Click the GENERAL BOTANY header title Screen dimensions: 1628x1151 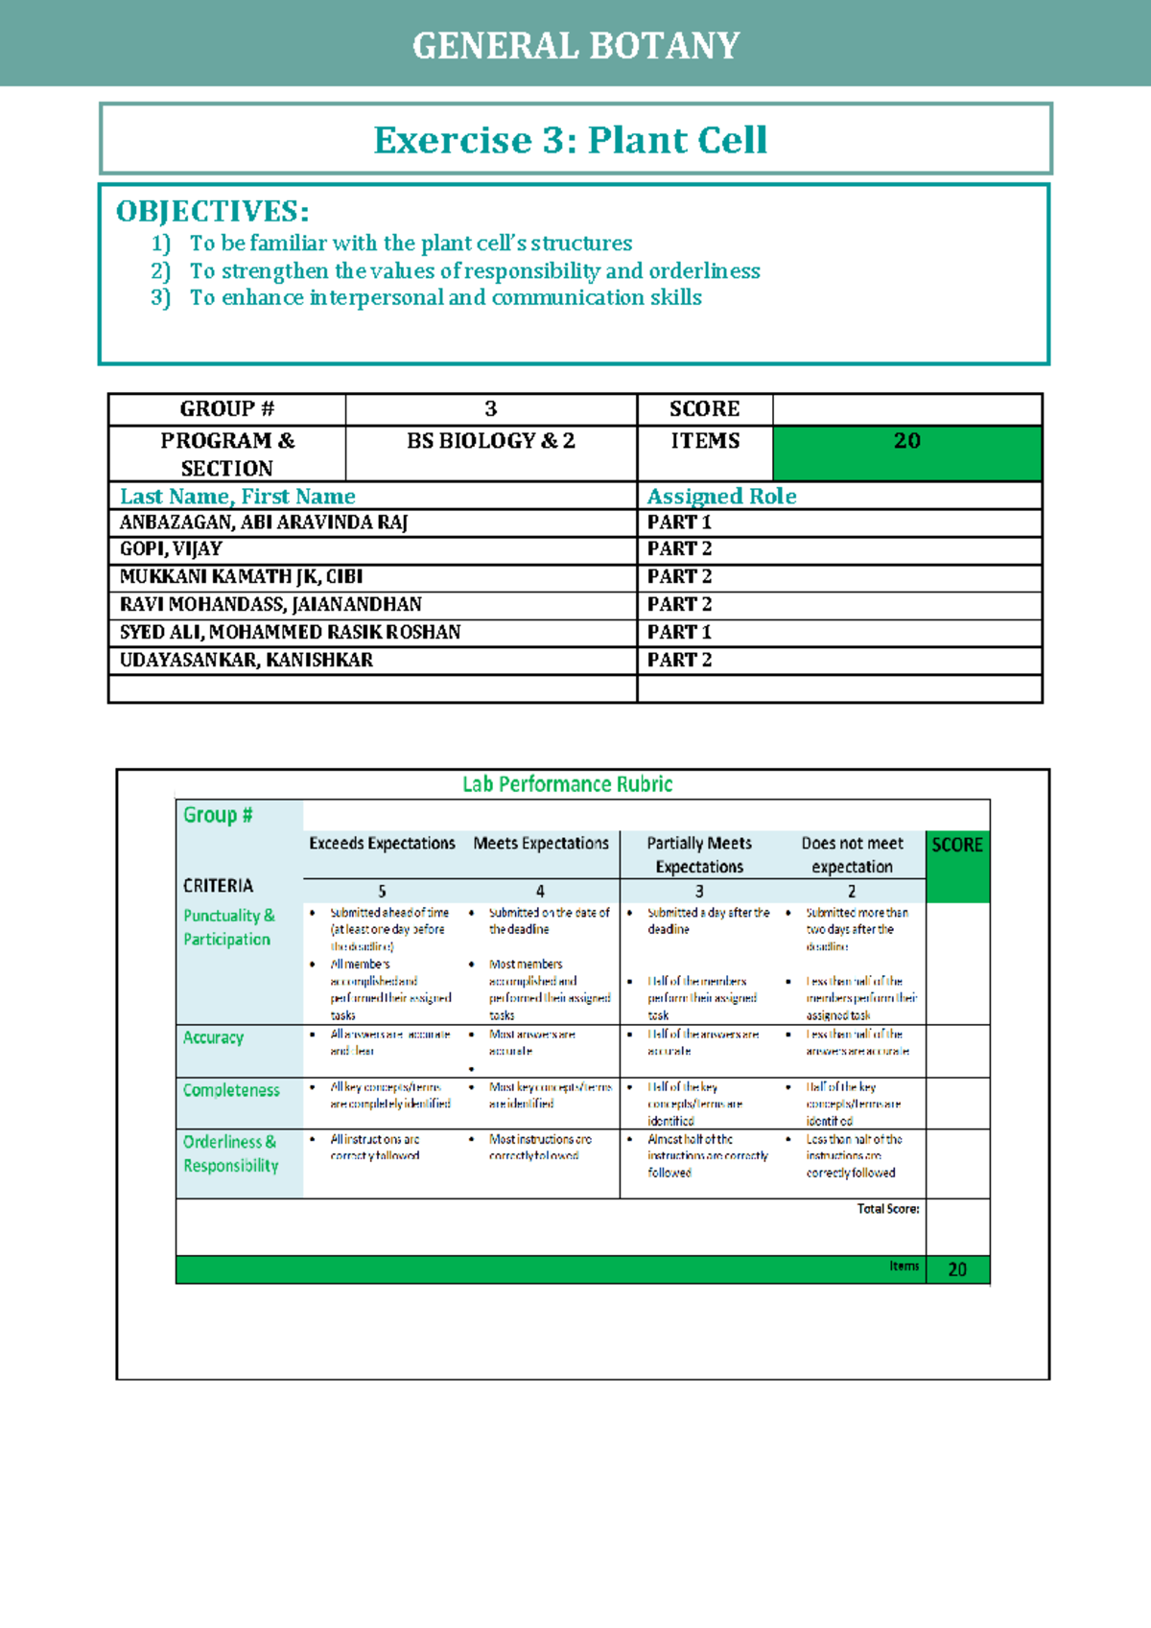575,46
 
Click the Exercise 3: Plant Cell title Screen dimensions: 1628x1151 571,140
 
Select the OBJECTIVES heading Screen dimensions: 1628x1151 212,212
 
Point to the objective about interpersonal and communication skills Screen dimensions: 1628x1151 445,298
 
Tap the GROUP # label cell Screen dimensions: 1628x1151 227,409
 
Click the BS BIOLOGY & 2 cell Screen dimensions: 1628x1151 491,441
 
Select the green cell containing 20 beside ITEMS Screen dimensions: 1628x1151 906,453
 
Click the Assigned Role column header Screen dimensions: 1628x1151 721,497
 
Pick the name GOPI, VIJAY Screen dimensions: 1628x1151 171,549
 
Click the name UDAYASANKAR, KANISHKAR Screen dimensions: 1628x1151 246,661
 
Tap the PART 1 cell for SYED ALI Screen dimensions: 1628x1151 679,633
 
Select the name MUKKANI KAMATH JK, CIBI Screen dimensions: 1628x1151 241,577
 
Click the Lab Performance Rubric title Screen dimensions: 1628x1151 568,784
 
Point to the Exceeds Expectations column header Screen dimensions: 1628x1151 382,844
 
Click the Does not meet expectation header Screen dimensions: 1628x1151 852,854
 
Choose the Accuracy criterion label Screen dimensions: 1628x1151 213,1037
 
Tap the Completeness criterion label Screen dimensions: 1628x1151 231,1090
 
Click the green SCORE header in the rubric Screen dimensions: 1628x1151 957,846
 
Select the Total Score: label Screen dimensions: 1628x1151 887,1209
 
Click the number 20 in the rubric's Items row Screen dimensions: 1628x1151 957,1269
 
